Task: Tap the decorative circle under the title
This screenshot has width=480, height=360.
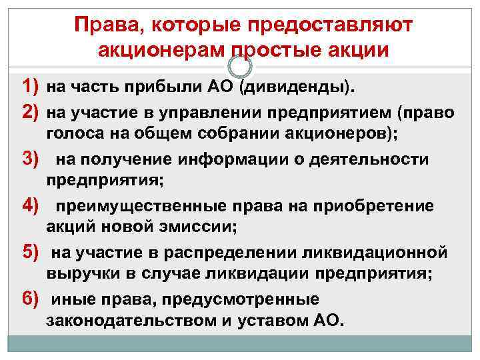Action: (x=240, y=65)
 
